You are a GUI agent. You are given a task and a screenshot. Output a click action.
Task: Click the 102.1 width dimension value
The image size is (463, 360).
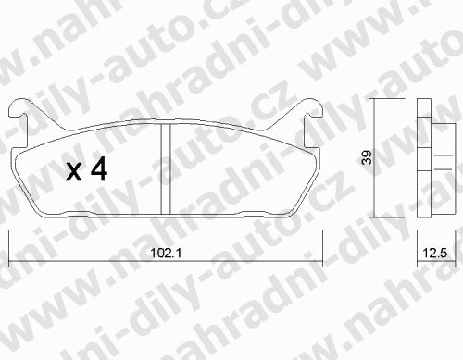click(166, 254)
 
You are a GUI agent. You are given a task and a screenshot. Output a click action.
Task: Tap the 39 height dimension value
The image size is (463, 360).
click(367, 157)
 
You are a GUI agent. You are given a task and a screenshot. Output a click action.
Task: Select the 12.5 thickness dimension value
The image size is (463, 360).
click(435, 254)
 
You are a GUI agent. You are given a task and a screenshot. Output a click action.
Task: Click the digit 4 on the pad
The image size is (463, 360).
click(99, 168)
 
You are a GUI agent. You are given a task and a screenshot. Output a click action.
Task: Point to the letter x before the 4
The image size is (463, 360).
click(74, 172)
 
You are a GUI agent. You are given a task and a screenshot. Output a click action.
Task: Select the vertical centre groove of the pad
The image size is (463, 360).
click(166, 168)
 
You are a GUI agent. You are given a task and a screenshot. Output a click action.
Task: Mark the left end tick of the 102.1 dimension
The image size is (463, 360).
click(9, 248)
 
